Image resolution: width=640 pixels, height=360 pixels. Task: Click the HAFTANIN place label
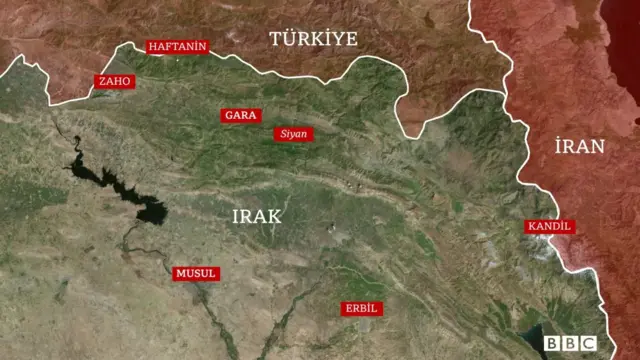(177, 46)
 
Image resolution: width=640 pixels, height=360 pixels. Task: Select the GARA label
(240, 115)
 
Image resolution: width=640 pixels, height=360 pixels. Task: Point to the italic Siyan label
(294, 133)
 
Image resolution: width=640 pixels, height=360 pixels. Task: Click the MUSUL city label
(195, 273)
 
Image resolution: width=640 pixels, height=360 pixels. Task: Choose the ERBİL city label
(361, 307)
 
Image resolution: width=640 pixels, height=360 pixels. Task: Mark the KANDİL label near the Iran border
(549, 226)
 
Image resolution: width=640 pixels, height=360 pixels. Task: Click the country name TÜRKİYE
(312, 39)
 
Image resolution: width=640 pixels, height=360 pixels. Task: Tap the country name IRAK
(257, 216)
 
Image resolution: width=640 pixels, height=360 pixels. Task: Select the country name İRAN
(579, 146)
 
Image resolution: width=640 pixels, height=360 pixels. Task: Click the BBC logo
(569, 343)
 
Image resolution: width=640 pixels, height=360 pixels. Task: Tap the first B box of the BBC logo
(552, 343)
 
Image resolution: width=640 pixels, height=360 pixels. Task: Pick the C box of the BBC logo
(586, 343)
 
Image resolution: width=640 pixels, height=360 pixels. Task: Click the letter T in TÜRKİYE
(273, 39)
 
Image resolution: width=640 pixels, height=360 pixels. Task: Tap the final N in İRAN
(597, 146)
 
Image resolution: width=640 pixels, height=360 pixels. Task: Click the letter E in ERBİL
(347, 307)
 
